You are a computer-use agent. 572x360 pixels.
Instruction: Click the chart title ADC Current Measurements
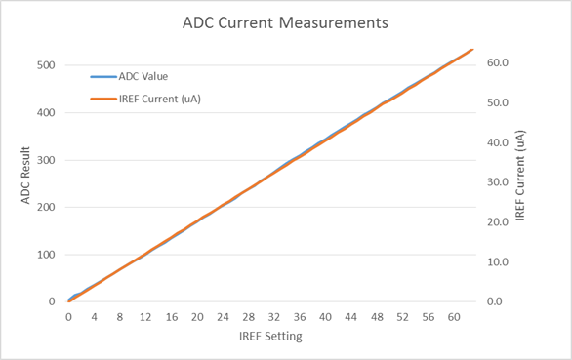(x=286, y=20)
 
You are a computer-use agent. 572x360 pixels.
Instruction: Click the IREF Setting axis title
(x=270, y=337)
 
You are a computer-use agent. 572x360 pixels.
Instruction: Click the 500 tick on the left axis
(x=45, y=65)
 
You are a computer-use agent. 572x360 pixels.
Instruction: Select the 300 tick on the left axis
(x=45, y=160)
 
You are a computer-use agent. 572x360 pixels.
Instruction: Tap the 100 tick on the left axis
(x=45, y=255)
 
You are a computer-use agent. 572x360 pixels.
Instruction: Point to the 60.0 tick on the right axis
(x=499, y=62)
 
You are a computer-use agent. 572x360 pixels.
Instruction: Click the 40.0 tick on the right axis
(x=499, y=142)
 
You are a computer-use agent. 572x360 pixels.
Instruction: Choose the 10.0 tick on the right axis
(x=499, y=261)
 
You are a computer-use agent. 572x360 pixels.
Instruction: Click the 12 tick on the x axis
(x=145, y=317)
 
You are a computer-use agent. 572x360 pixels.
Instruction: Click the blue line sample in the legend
(x=102, y=76)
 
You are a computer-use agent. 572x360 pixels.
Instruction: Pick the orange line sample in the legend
(x=102, y=99)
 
